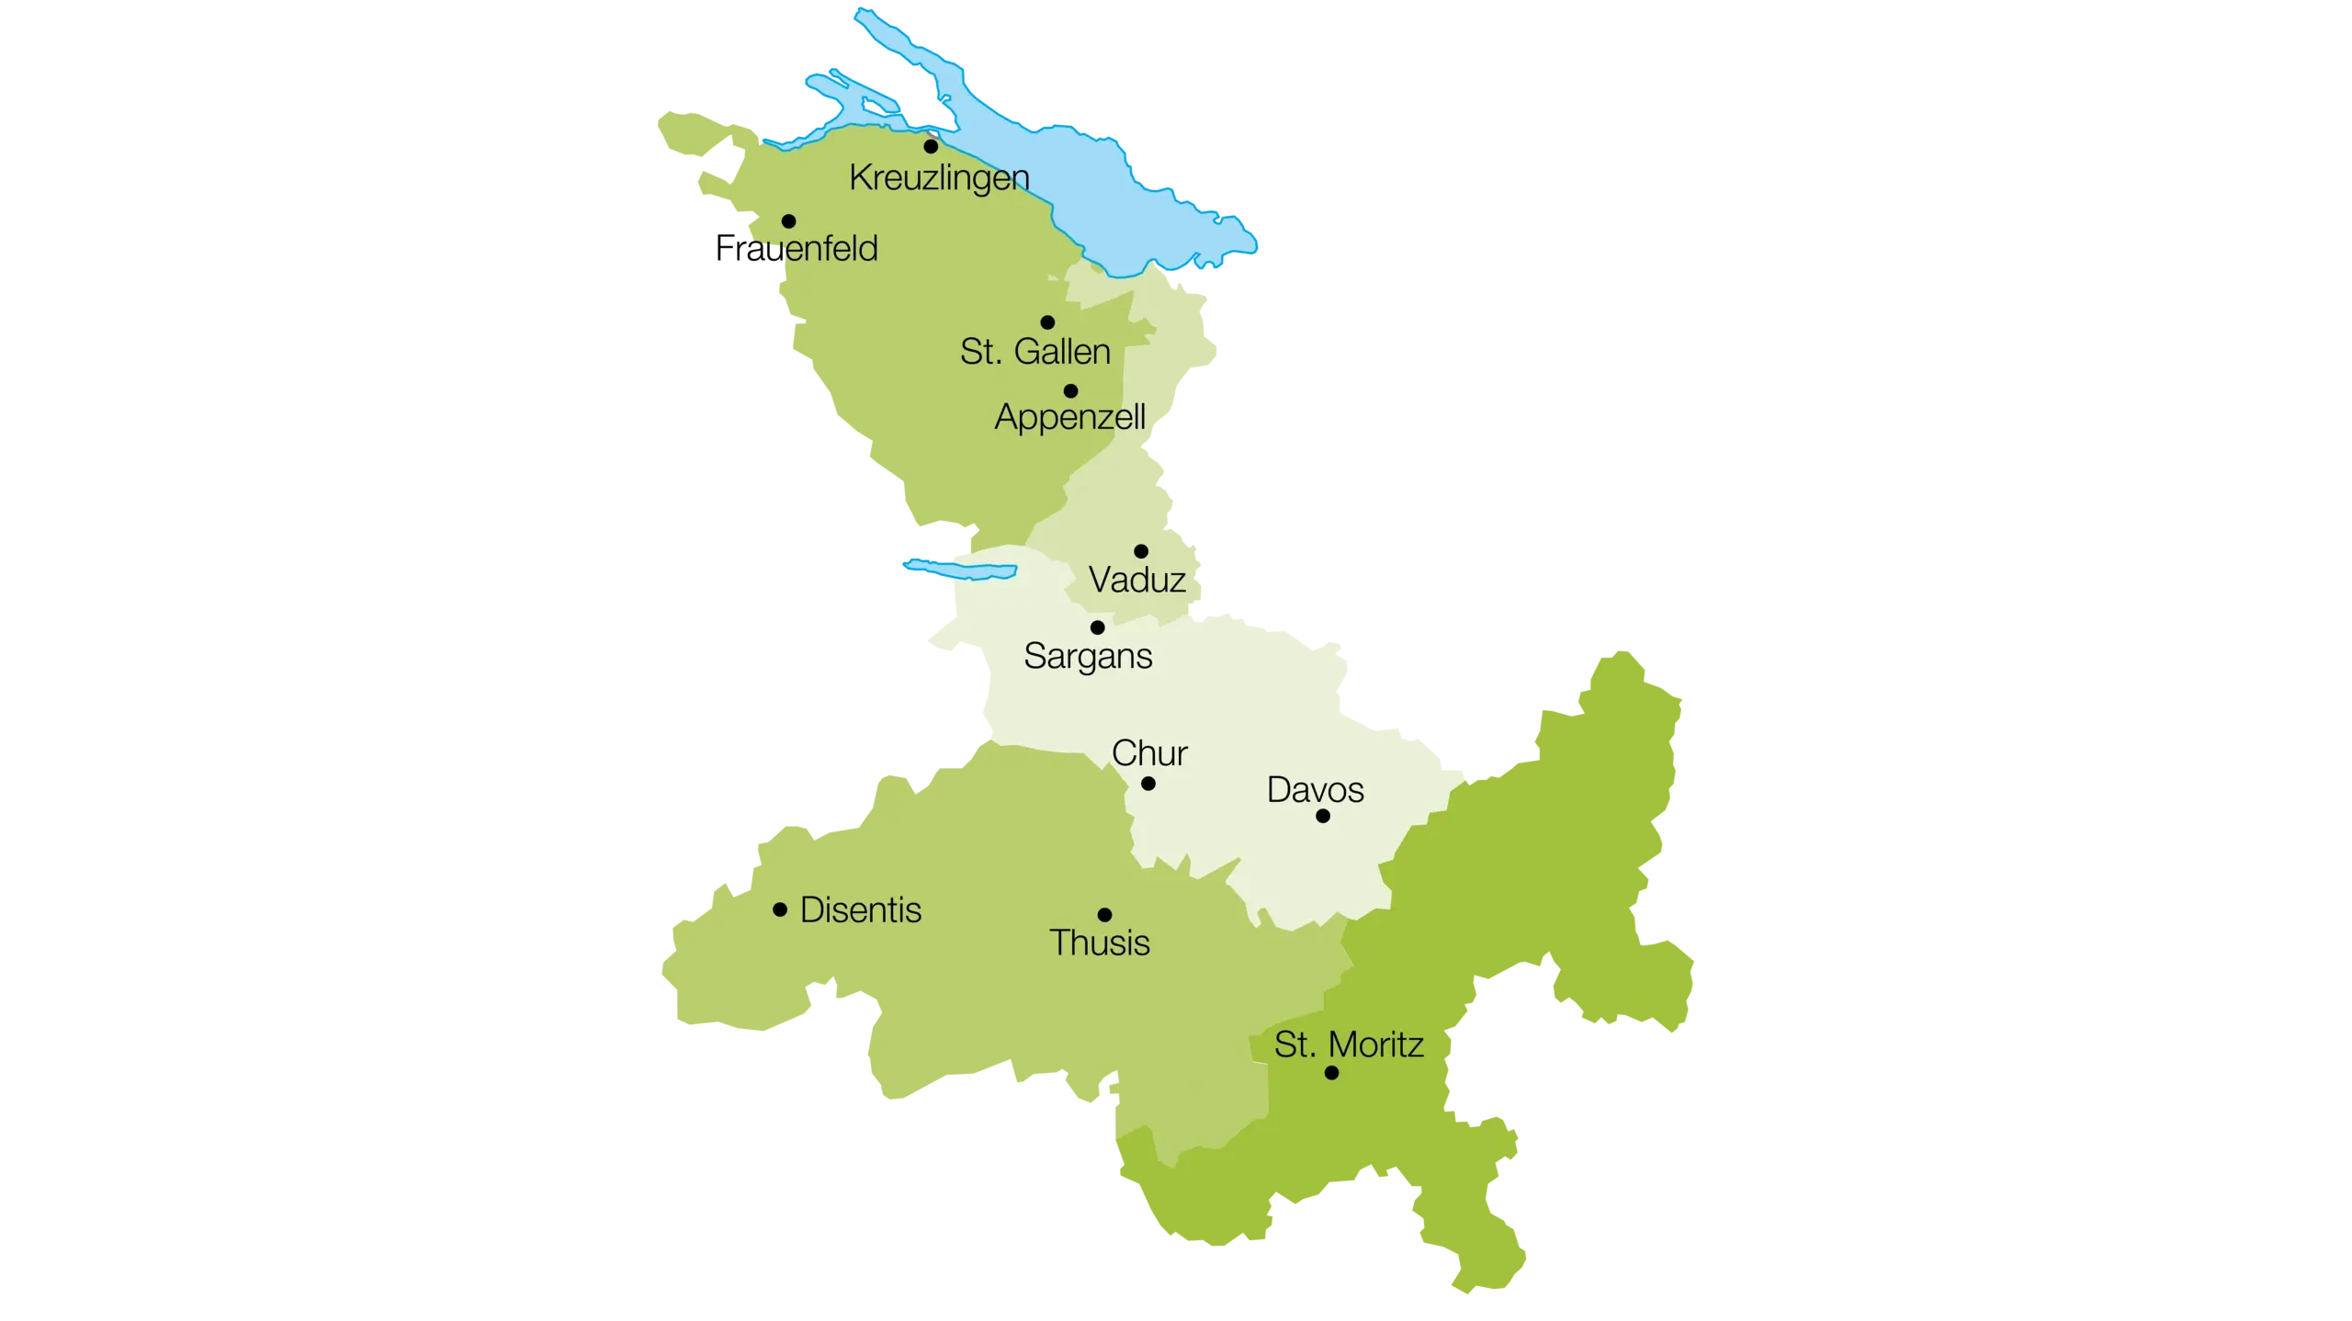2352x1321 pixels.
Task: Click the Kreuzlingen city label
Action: pos(938,178)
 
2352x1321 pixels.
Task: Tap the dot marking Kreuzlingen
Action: pos(931,146)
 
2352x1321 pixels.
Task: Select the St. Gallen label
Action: pos(1035,352)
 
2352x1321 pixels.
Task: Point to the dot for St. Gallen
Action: pos(1047,322)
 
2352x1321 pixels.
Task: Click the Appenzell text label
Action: pos(1069,417)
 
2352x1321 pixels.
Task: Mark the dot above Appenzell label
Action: pos(1070,391)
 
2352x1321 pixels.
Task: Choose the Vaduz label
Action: pos(1136,581)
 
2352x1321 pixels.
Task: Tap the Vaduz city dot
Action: pos(1141,551)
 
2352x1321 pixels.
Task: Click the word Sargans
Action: pos(1088,657)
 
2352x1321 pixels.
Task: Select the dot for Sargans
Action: pos(1097,628)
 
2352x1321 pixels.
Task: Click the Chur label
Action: pos(1149,753)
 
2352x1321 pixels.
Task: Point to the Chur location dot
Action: pos(1148,784)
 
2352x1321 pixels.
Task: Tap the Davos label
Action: pos(1315,790)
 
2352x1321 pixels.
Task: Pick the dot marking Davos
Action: pos(1323,816)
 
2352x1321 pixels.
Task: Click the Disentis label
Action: pos(861,910)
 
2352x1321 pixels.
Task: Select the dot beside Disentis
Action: pos(780,910)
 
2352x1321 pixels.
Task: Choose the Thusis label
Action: pos(1099,943)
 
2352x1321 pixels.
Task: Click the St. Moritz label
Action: pos(1349,1045)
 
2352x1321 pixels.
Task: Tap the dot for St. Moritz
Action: pos(1331,1073)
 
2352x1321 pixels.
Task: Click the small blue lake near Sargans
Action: pos(960,569)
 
